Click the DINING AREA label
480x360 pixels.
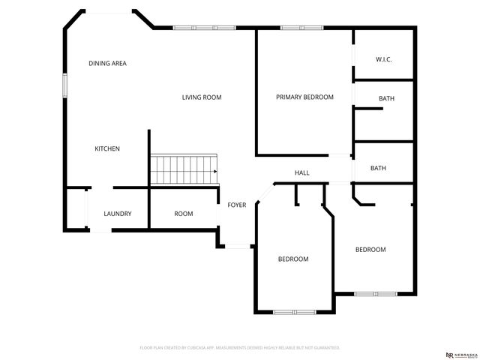pyautogui.click(x=107, y=63)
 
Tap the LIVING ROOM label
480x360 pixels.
pyautogui.click(x=202, y=97)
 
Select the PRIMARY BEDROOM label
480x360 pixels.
pyautogui.click(x=304, y=97)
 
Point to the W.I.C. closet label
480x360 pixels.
pyautogui.click(x=384, y=60)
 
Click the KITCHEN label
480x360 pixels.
pyautogui.click(x=106, y=148)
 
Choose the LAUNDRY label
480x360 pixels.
pyautogui.click(x=118, y=214)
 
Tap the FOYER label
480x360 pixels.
pyautogui.click(x=237, y=205)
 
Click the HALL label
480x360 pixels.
pyautogui.click(x=302, y=173)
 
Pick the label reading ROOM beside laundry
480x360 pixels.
pyautogui.click(x=184, y=214)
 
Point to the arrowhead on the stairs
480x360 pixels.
pyautogui.click(x=215, y=171)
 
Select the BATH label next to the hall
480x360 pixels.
pyautogui.click(x=378, y=168)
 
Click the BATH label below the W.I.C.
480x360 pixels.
pyautogui.click(x=386, y=98)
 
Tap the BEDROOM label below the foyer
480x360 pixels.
pyautogui.click(x=293, y=259)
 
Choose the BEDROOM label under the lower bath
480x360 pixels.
pyautogui.click(x=370, y=250)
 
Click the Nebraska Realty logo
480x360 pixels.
pyautogui.click(x=460, y=354)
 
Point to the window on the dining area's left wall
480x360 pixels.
pyautogui.click(x=64, y=85)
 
